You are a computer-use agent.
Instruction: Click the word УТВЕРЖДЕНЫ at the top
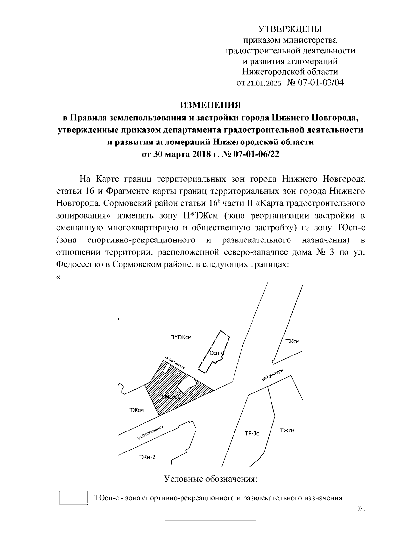pos(290,29)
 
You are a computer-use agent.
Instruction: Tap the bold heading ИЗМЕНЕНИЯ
pos(211,105)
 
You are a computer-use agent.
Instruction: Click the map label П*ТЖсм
pos(181,337)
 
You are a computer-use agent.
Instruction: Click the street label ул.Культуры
pos(272,375)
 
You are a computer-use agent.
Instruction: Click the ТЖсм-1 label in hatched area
pos(171,397)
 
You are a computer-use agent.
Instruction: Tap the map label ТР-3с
pos(252,434)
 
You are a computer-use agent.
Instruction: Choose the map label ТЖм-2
pos(147,457)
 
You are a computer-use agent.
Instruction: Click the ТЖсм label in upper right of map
pos(292,342)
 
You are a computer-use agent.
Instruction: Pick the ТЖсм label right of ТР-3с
pos(287,431)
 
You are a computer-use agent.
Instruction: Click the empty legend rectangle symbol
pos(74,498)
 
